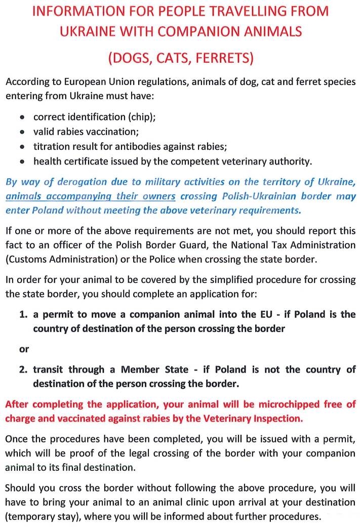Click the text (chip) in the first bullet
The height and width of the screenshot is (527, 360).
pyautogui.click(x=141, y=117)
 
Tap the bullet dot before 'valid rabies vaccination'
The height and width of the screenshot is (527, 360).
pyautogui.click(x=22, y=132)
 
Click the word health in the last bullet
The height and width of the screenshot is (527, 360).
pyautogui.click(x=48, y=161)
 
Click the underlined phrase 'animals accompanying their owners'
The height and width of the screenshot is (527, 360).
pyautogui.click(x=91, y=196)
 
